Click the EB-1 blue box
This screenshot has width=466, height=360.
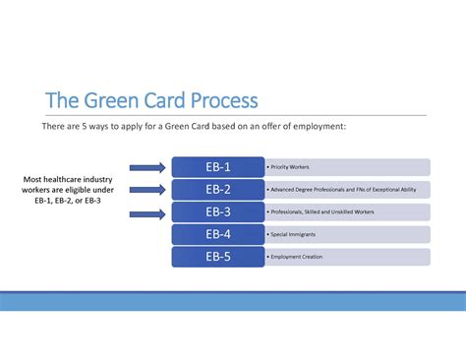coord(217,167)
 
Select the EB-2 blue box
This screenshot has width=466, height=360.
coord(217,190)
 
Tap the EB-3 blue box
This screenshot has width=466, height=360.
coord(217,212)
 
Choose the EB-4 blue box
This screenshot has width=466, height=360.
coord(217,234)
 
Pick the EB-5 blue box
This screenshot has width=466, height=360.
coord(217,257)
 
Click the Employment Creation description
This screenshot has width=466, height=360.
coord(296,257)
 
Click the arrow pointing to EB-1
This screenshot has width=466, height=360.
coord(146,167)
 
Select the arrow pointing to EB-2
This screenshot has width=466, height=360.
coord(146,190)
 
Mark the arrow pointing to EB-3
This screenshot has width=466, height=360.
coord(146,212)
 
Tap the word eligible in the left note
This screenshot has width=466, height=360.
coord(84,190)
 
